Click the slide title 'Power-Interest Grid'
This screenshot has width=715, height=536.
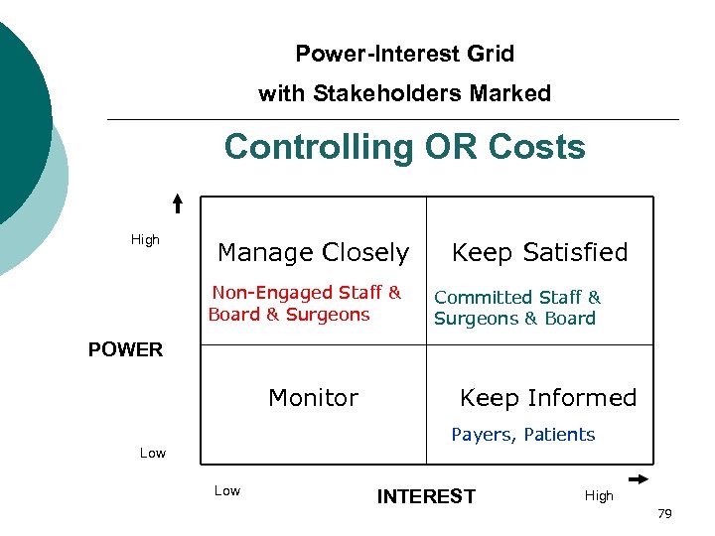404,54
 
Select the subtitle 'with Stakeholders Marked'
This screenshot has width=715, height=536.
404,93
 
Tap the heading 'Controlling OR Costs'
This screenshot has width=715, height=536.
404,147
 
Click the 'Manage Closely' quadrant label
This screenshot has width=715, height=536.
313,253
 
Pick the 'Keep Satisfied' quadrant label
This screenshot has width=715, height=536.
540,253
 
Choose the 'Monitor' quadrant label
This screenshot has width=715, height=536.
313,398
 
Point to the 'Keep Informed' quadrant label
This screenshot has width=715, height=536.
548,398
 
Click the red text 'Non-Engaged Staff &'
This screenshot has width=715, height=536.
307,293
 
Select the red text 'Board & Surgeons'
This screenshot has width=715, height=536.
289,315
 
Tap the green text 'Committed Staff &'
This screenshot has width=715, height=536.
517,297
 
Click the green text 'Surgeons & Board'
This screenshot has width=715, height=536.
514,319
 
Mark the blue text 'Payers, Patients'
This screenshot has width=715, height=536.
523,435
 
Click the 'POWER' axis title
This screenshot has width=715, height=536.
125,349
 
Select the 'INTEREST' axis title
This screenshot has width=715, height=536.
426,496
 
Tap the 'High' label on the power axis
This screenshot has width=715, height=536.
145,239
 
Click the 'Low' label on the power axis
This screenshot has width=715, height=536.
153,453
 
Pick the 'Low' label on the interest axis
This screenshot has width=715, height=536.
227,490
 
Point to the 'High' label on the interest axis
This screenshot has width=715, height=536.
599,495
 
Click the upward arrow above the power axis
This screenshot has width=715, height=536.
177,203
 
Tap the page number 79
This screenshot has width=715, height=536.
664,513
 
